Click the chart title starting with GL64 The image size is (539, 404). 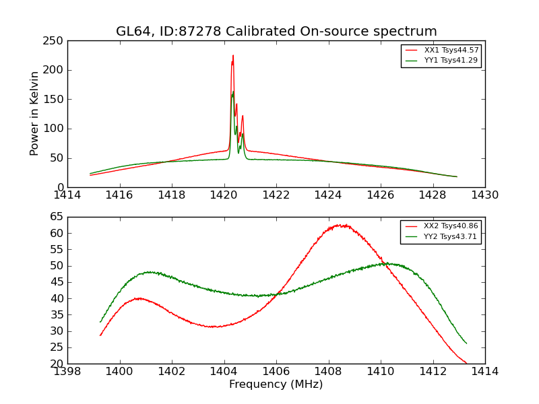pos(276,32)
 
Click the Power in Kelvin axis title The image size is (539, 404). pos(34,114)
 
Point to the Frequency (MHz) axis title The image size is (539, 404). pos(276,384)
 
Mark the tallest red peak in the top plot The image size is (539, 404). pos(233,56)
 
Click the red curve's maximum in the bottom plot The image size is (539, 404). pos(342,225)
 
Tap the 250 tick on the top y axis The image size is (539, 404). pos(56,41)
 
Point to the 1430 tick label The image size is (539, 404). pos(484,195)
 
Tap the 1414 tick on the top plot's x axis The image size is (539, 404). pos(67,195)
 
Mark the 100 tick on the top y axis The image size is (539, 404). pos(56,70)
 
